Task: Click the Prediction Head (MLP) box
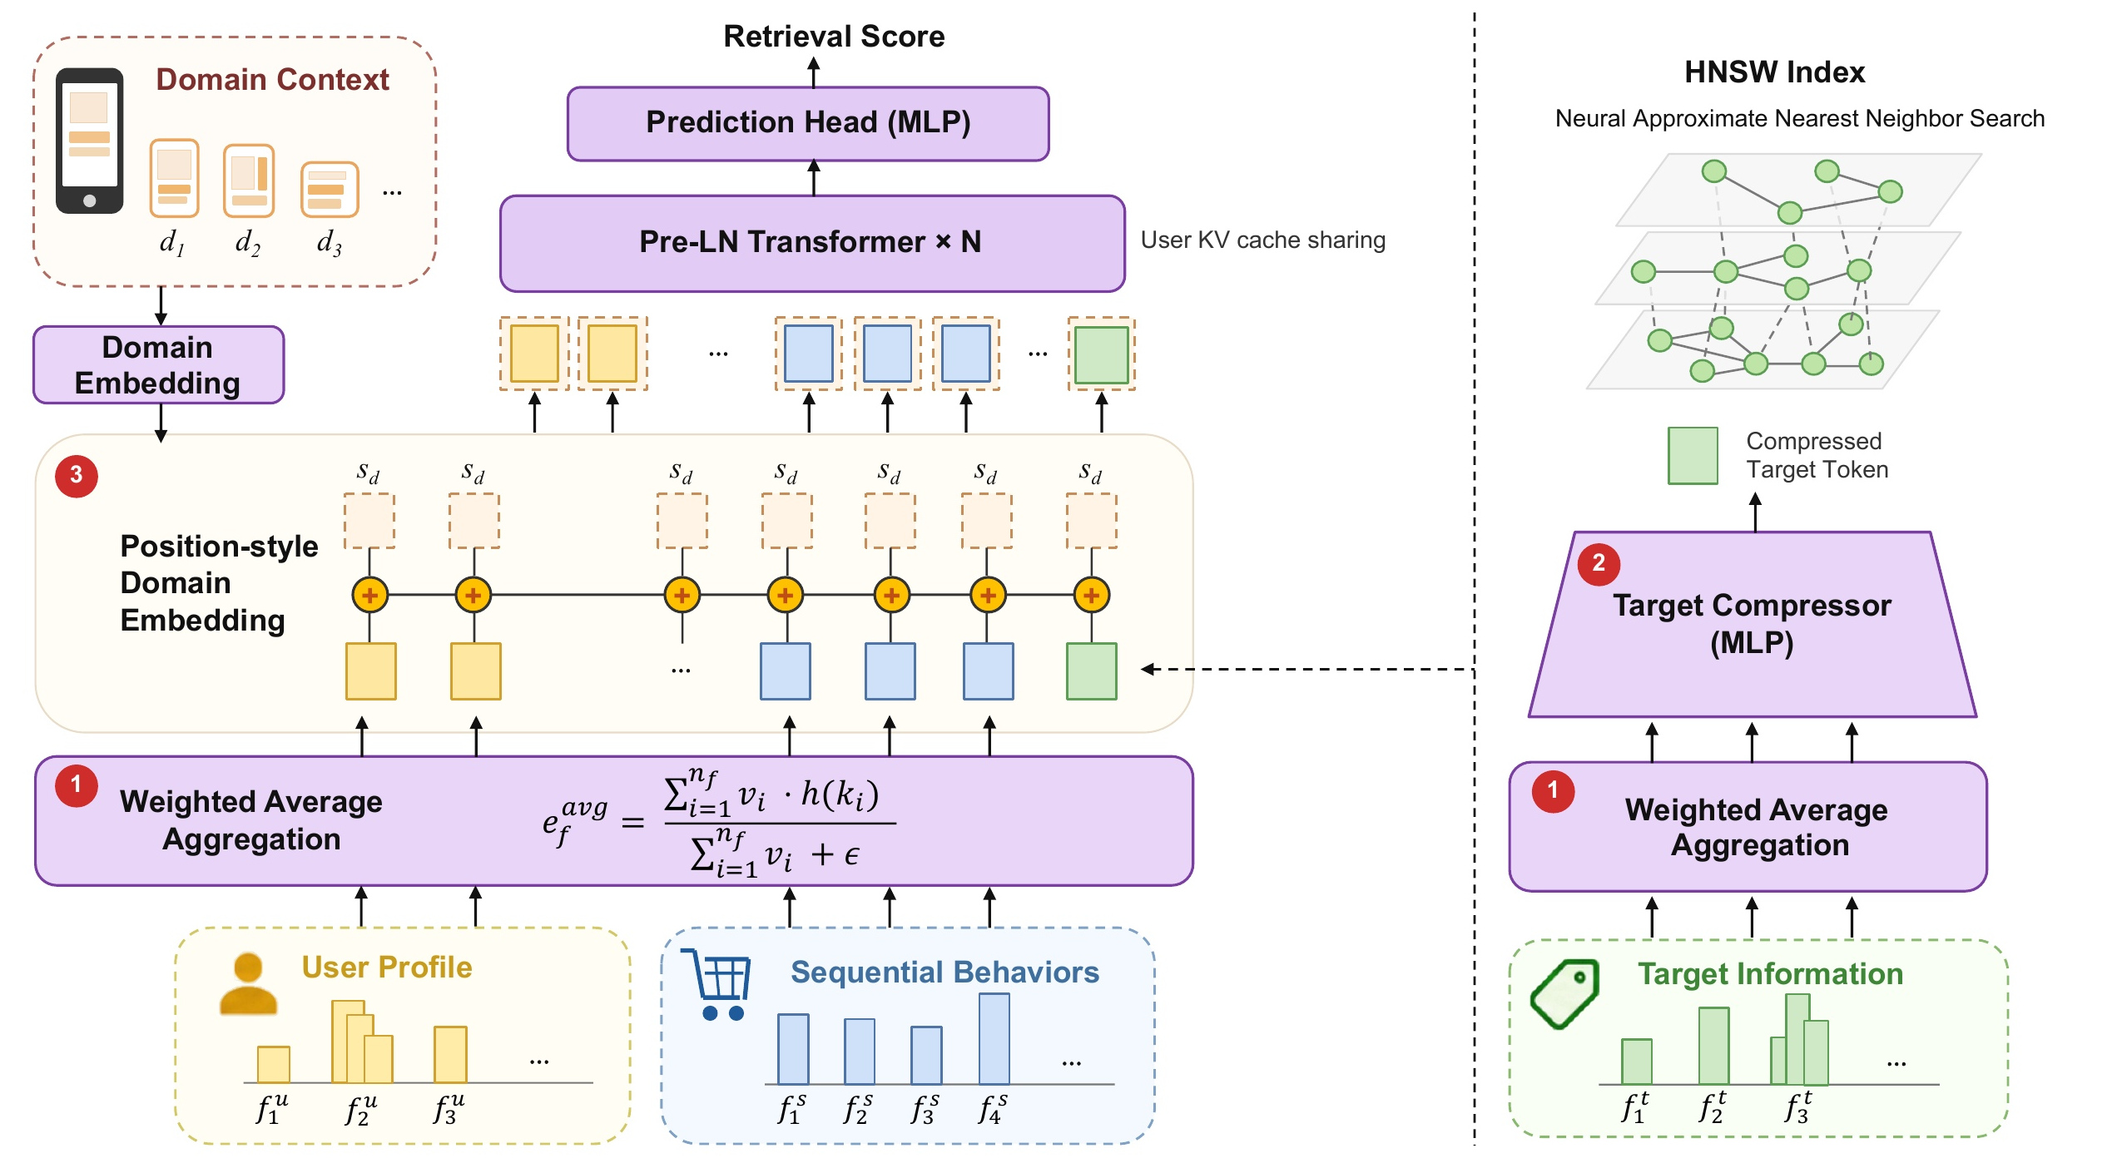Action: coord(808,123)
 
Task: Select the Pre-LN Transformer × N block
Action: coord(812,243)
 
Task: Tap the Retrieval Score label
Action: coord(834,37)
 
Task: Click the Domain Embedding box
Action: coord(158,364)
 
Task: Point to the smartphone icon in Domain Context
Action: coord(90,141)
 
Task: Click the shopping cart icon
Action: coord(716,984)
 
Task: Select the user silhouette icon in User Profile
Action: coord(248,984)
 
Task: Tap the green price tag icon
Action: coord(1564,993)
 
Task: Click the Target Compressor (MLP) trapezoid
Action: coord(1753,624)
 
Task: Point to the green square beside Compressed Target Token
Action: coord(1693,455)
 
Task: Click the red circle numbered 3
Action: coord(77,476)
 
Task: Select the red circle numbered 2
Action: coord(1599,564)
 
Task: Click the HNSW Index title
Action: coord(1775,72)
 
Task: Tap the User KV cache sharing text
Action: coord(1263,240)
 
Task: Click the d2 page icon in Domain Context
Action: coord(249,180)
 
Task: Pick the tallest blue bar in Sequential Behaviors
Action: coord(994,1038)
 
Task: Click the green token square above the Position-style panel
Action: coord(1102,354)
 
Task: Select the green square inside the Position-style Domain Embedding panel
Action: coord(1092,671)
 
